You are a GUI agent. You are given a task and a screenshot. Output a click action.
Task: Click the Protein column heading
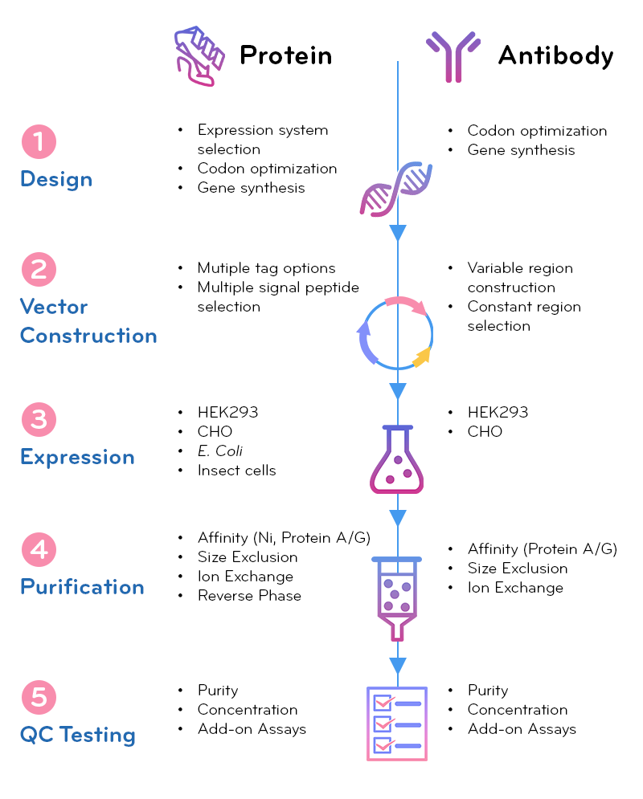(285, 55)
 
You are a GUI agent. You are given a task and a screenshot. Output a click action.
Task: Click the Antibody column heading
(555, 55)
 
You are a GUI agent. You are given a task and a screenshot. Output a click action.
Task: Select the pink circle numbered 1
(38, 142)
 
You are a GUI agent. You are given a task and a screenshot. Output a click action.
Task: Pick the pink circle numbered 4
(38, 550)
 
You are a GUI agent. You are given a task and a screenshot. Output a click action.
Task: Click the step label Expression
(77, 457)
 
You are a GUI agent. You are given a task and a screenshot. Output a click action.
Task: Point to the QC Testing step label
(77, 735)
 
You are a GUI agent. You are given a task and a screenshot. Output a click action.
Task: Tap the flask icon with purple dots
(396, 459)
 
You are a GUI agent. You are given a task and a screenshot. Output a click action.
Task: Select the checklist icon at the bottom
(396, 723)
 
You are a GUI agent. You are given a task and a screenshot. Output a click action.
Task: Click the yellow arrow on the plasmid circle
(422, 357)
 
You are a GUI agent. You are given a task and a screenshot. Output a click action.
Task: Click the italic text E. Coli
(219, 451)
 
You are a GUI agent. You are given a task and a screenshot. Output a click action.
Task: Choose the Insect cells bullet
(236, 471)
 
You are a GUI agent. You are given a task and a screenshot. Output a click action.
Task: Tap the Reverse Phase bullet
(249, 596)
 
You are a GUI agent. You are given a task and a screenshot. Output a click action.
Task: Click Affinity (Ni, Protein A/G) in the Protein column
(284, 538)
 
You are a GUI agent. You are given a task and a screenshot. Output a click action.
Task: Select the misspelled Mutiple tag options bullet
(266, 268)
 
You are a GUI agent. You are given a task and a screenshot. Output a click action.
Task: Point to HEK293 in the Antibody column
(498, 413)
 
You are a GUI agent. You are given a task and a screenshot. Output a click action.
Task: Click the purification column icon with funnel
(395, 598)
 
